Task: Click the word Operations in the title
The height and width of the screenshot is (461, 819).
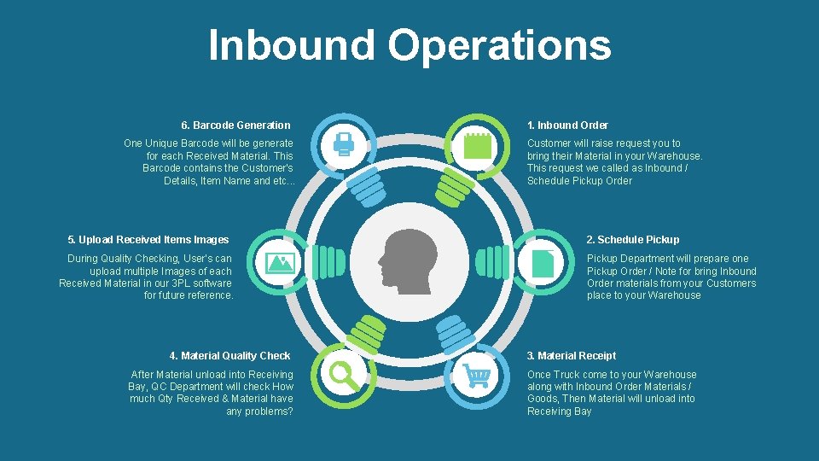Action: pos(500,46)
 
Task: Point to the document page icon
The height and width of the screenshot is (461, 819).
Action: pos(542,262)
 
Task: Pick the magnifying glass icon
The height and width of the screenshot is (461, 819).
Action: pos(344,376)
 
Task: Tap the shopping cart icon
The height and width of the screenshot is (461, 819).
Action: pos(476,376)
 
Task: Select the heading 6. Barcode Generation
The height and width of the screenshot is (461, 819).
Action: pos(235,125)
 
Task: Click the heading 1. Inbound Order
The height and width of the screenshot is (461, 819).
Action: pos(567,125)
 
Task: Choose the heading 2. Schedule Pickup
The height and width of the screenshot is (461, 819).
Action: pos(633,240)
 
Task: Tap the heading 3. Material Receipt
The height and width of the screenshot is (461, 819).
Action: pos(571,356)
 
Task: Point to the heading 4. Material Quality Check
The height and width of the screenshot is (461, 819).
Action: pos(229,356)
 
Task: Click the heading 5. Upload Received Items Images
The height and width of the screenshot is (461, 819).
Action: pos(148,240)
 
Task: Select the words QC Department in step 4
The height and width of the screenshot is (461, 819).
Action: pos(186,387)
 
